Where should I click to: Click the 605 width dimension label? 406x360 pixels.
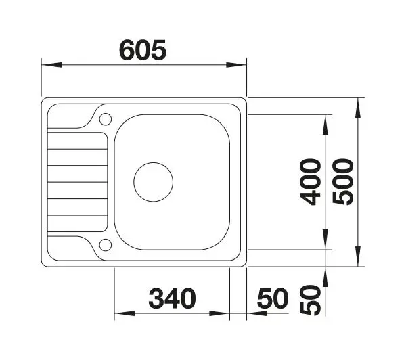tap(143, 50)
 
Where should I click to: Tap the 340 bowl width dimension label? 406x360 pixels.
tap(172, 298)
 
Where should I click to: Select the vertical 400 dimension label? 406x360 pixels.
tap(311, 182)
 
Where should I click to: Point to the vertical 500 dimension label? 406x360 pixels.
tap(343, 182)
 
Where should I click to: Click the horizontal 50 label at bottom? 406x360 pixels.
tap(273, 298)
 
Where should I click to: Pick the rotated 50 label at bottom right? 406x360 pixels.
tap(311, 300)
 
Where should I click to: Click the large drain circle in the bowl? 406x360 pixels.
tap(154, 182)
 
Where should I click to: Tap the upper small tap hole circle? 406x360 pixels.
tap(106, 119)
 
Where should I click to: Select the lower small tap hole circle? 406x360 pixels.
tap(106, 245)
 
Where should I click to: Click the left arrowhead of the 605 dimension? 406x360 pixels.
tap(51, 65)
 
